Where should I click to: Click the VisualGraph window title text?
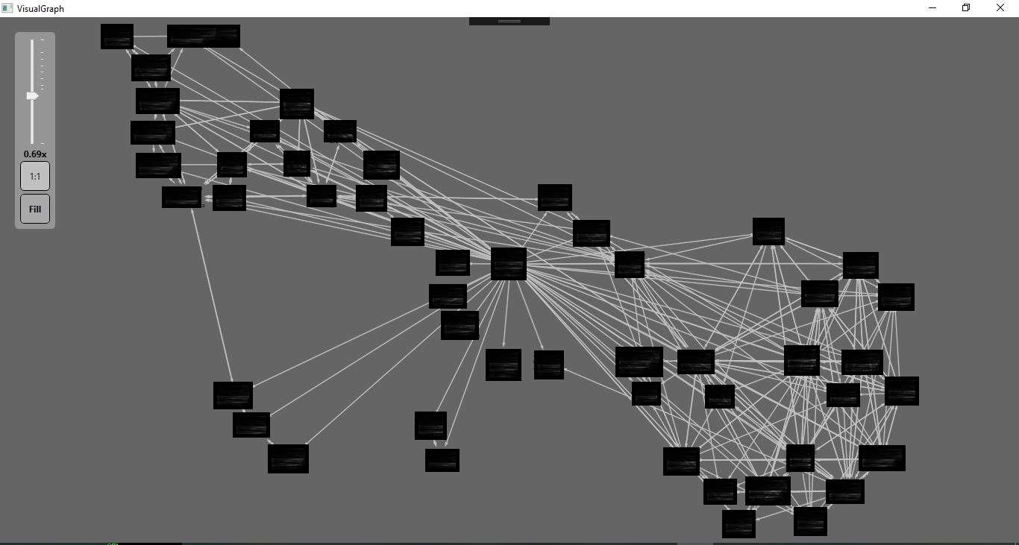40,8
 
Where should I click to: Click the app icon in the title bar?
7,8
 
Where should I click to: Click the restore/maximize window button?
966,8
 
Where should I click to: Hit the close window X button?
1000,8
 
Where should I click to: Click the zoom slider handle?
32,96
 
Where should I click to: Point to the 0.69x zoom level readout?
35,154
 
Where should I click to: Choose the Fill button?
35,209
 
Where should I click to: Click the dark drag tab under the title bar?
509,21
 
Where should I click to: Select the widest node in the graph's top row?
204,36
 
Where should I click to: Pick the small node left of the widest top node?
117,37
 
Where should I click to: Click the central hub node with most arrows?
509,264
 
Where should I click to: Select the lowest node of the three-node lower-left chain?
288,459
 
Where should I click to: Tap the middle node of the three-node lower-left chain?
251,425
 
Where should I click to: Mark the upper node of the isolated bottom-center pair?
430,426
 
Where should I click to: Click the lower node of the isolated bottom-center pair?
442,460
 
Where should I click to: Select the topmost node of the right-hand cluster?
768,231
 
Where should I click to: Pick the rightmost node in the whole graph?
901,391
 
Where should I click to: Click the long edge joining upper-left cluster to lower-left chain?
213,295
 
